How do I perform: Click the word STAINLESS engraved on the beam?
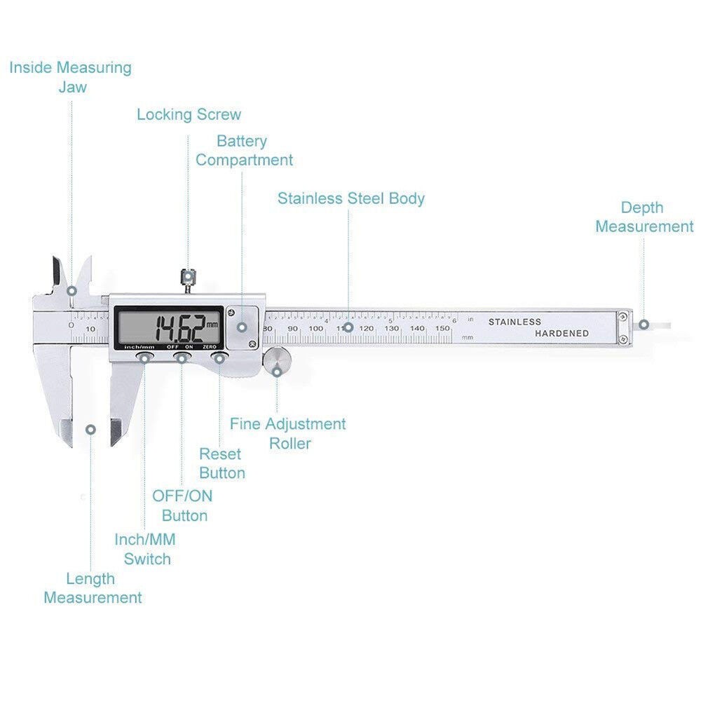click(515, 322)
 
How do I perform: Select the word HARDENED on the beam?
click(562, 334)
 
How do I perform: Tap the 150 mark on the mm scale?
click(442, 328)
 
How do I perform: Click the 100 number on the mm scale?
click(316, 328)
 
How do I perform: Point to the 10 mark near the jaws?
click(90, 329)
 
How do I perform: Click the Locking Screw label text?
click(189, 114)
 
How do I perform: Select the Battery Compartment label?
click(244, 151)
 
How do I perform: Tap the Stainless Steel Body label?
click(350, 198)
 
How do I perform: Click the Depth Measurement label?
click(644, 217)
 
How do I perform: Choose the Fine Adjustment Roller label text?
click(288, 433)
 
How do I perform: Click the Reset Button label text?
click(222, 463)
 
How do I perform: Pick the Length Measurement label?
click(92, 588)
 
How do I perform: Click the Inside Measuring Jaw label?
click(70, 77)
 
